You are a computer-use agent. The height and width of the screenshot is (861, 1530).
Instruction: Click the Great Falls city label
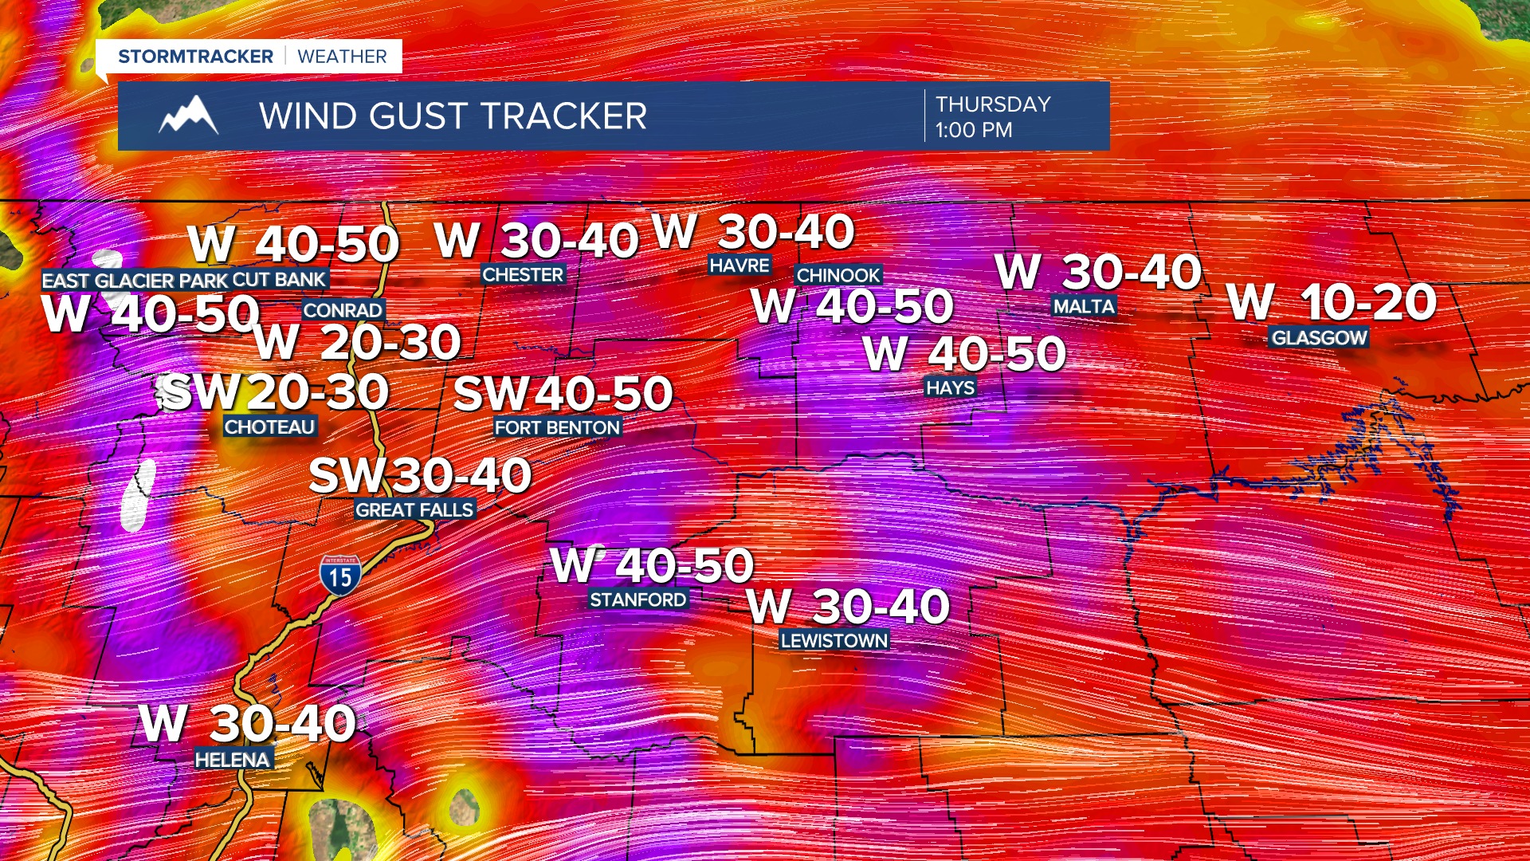point(414,509)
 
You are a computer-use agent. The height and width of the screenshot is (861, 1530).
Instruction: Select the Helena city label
point(233,760)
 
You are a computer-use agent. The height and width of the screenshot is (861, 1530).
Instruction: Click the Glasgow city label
point(1319,338)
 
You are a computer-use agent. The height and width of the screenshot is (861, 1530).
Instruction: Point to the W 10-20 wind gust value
point(1332,302)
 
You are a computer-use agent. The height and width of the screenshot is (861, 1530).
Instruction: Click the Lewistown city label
point(834,641)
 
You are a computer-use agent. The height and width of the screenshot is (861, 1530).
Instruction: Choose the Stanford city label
point(637,600)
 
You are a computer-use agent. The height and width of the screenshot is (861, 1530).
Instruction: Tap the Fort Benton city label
point(557,428)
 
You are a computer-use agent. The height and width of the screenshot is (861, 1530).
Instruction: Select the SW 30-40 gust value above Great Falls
point(420,475)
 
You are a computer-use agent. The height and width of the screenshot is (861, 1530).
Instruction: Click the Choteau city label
point(269,427)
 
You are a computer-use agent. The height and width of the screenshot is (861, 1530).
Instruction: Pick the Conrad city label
point(343,310)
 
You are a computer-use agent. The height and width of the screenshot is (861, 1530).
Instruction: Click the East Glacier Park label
point(135,281)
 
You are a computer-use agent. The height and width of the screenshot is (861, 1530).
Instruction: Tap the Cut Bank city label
point(279,280)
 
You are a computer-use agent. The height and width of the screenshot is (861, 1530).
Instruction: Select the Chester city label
point(523,275)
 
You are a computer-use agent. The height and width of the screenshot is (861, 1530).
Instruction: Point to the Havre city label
point(739,265)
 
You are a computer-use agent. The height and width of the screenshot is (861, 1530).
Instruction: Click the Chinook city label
point(838,276)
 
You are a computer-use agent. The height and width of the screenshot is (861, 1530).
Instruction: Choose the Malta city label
point(1084,307)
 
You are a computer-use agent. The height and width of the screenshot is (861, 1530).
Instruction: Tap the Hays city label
point(950,388)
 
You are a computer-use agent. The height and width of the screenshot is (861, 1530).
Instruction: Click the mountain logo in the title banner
point(189,116)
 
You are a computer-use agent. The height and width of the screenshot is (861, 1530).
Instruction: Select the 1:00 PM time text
point(974,130)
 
